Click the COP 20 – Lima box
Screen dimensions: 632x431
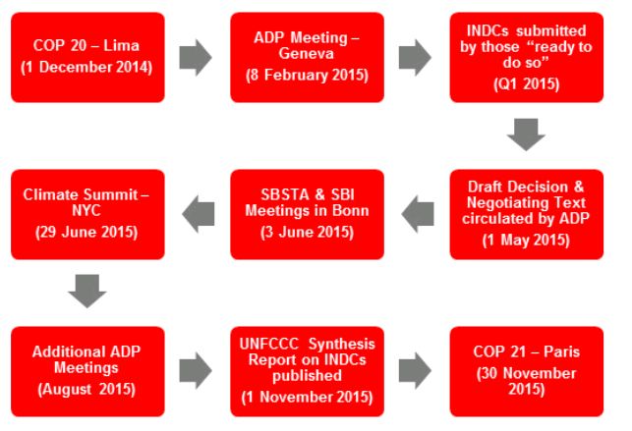point(87,57)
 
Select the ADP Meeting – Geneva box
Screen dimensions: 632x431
point(307,57)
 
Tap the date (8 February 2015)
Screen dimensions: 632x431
point(307,76)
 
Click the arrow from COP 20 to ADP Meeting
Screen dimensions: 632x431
point(196,57)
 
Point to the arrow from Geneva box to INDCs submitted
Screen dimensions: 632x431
point(415,57)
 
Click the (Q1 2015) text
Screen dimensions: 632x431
point(527,83)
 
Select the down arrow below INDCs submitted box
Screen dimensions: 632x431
point(527,135)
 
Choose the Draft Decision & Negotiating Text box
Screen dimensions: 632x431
point(527,214)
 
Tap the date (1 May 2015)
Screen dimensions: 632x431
point(526,240)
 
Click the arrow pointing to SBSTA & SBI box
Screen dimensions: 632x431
point(418,214)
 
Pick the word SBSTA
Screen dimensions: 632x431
point(284,194)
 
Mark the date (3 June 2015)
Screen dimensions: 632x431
point(307,232)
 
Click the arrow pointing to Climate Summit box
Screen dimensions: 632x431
point(199,214)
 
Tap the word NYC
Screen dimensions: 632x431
point(86,210)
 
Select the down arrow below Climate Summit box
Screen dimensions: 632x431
point(87,292)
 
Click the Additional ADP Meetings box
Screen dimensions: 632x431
point(87,371)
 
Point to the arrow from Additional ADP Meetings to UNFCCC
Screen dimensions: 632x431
point(196,371)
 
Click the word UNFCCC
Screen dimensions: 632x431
point(269,344)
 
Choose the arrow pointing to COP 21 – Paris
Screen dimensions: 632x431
point(415,371)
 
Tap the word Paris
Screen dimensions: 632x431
point(562,351)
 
